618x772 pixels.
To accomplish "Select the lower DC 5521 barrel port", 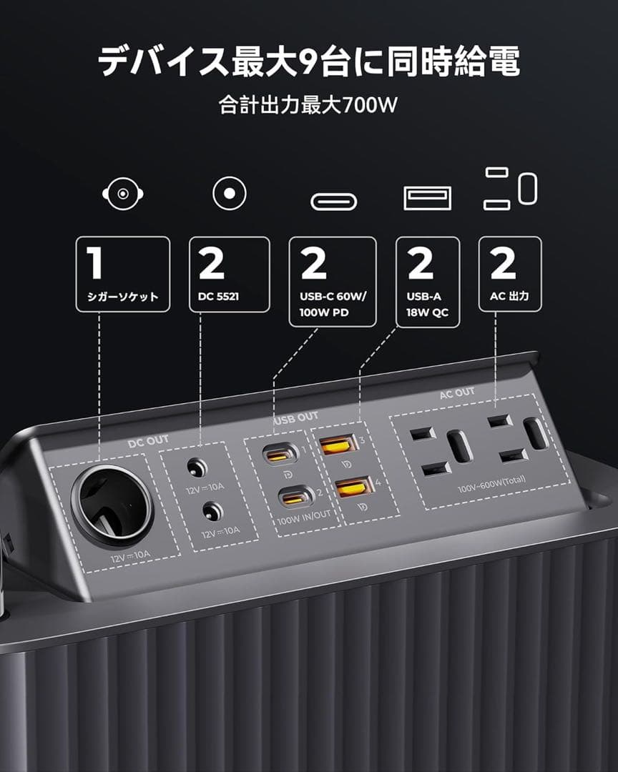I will (x=211, y=512).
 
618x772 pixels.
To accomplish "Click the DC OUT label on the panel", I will (x=148, y=440).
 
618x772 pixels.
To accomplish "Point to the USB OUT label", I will (x=295, y=418).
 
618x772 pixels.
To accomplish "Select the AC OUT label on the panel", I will (x=457, y=392).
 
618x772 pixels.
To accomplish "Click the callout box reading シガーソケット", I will (x=122, y=274).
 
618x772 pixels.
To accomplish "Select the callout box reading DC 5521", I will (x=229, y=274).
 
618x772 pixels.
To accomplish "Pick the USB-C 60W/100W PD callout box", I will (x=333, y=281).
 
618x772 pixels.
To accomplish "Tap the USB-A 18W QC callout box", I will (x=428, y=281).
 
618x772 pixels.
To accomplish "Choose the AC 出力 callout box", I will (x=510, y=274).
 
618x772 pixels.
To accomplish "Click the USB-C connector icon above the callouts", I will (x=333, y=202).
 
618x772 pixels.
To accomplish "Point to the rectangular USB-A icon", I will (x=428, y=198).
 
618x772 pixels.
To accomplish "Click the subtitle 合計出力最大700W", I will (x=308, y=105).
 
